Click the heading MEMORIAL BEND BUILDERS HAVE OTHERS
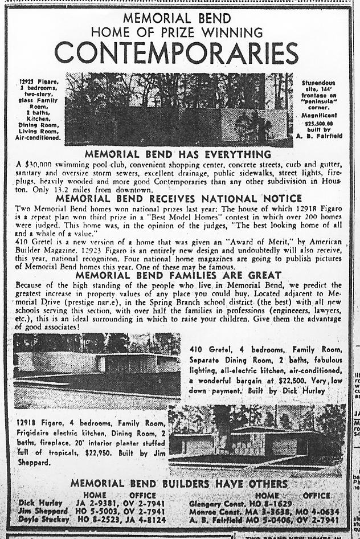point(179,484)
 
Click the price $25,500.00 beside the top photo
point(319,122)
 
